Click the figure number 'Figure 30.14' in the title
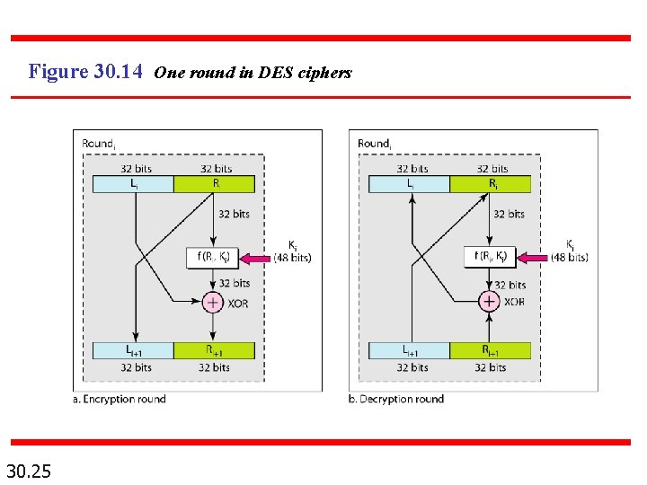pyautogui.click(x=85, y=71)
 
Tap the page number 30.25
pyautogui.click(x=28, y=470)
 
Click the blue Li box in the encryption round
pyautogui.click(x=133, y=183)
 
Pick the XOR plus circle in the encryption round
pyautogui.click(x=213, y=303)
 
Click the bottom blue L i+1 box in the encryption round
pyautogui.click(x=133, y=350)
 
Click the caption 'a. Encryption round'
pyautogui.click(x=120, y=399)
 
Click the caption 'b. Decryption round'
pyautogui.click(x=396, y=399)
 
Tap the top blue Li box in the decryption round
pyautogui.click(x=409, y=183)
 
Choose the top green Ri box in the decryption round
pyautogui.click(x=490, y=183)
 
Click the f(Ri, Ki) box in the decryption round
pyautogui.click(x=491, y=257)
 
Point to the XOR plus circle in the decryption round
pyautogui.click(x=489, y=302)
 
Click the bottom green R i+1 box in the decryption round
pyautogui.click(x=490, y=350)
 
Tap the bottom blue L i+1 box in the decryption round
pyautogui.click(x=409, y=350)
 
